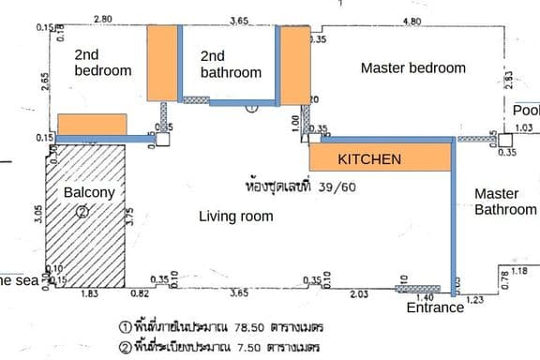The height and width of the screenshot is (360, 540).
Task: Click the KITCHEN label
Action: click(x=369, y=159)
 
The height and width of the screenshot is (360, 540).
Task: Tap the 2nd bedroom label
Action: click(x=102, y=62)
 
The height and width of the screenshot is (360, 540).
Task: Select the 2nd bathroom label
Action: click(x=231, y=64)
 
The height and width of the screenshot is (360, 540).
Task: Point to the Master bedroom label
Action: click(x=412, y=67)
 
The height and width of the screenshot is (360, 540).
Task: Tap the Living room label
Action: click(x=236, y=217)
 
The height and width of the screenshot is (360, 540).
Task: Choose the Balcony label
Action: click(x=89, y=193)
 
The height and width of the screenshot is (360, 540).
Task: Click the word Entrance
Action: click(x=434, y=307)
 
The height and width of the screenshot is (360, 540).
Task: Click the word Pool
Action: click(x=526, y=111)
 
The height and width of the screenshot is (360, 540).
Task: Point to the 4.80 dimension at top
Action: click(x=411, y=20)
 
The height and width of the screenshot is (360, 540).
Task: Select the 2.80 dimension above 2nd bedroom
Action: click(x=103, y=19)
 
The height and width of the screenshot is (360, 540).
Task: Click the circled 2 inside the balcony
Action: click(x=82, y=212)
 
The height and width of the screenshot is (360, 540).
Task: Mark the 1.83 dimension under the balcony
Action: click(x=90, y=294)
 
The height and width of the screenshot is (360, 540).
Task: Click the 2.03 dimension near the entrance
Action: click(x=357, y=294)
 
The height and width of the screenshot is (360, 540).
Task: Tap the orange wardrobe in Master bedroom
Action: click(x=295, y=65)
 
